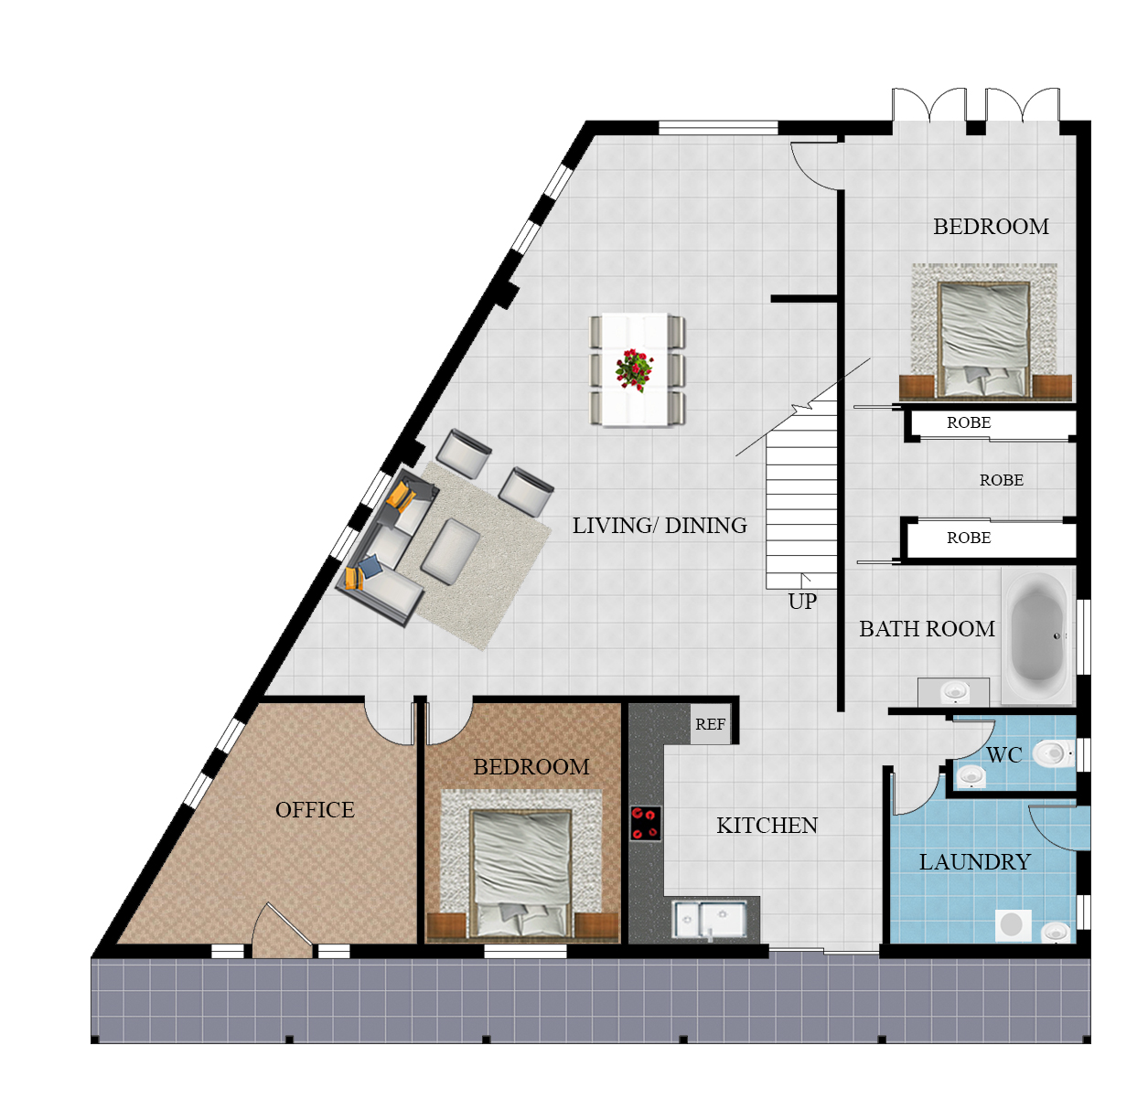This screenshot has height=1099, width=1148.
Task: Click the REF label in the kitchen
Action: (x=710, y=725)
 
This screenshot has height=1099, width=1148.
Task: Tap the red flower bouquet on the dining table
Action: (x=634, y=369)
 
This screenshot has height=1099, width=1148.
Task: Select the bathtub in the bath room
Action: (x=1038, y=635)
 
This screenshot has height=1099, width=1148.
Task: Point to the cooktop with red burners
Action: (x=645, y=823)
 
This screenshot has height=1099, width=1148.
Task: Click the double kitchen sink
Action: (x=710, y=920)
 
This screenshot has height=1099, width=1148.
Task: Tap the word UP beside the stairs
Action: (x=802, y=602)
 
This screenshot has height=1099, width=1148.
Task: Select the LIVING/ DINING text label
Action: (x=660, y=526)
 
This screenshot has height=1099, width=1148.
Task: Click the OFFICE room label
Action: (x=315, y=810)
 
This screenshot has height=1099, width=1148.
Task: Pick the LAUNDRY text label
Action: (x=974, y=862)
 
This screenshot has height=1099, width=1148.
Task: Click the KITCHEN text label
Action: (x=767, y=826)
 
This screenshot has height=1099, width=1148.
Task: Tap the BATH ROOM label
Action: (x=927, y=629)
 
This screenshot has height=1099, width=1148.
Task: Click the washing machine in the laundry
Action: (x=1012, y=925)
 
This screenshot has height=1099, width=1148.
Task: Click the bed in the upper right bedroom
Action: (x=984, y=338)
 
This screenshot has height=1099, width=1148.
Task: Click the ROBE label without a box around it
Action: (x=1001, y=480)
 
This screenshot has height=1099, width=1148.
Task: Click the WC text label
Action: (x=1003, y=755)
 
